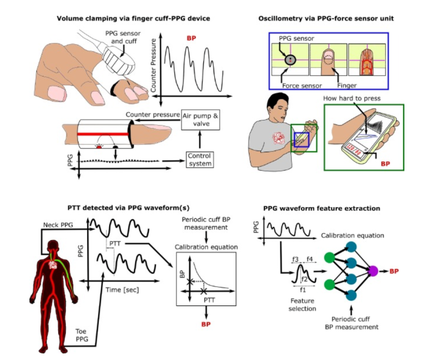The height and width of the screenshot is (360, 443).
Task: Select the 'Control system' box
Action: [x=200, y=159]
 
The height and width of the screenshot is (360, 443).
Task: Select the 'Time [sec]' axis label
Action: [x=122, y=290]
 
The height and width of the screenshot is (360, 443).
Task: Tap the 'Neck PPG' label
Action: [x=58, y=225]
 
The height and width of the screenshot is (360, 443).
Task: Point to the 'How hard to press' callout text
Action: [x=352, y=99]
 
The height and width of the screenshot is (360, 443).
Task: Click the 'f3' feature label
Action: [x=296, y=259]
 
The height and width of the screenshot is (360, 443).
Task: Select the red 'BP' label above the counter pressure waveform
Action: [x=191, y=38]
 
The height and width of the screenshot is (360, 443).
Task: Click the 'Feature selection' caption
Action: [x=303, y=305]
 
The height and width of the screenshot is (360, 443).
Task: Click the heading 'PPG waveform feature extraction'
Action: [x=322, y=208]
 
